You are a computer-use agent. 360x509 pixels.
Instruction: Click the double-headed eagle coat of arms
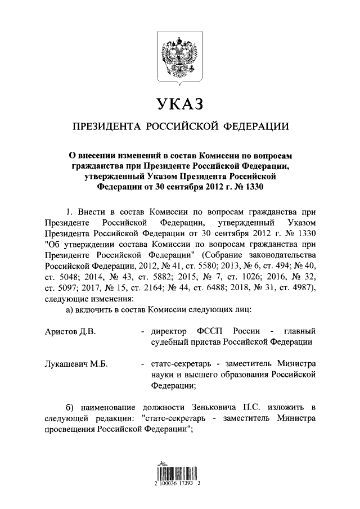[x=179, y=58]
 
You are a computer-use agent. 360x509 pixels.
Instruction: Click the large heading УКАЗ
[x=179, y=104]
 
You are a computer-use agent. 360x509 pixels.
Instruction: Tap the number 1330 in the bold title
[x=253, y=186]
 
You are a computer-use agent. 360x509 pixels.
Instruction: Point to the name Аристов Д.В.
[x=70, y=331]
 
